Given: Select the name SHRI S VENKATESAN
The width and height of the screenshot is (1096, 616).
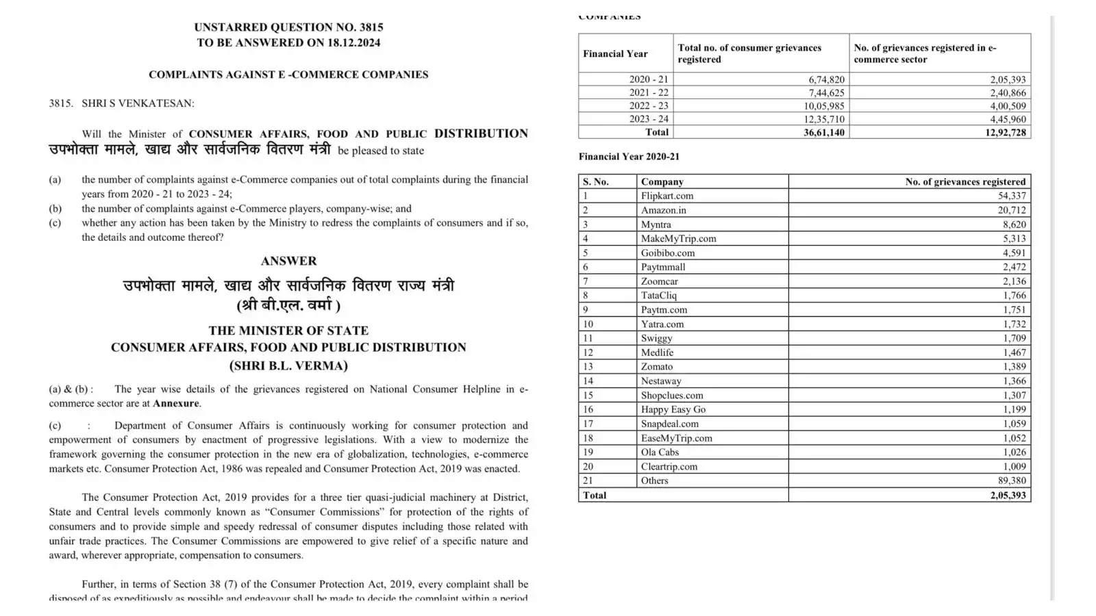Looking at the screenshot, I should [138, 103].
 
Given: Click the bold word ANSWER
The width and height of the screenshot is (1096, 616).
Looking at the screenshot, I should [288, 261].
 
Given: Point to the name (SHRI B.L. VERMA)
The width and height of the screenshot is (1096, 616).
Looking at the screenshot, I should [288, 365].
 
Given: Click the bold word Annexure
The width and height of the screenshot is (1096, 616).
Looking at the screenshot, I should [176, 403].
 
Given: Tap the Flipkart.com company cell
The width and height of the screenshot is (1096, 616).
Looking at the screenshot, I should [667, 196].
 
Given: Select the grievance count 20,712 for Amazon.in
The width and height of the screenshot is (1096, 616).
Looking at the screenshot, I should [1011, 210].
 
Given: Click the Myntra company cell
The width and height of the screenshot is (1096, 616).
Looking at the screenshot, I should [656, 224].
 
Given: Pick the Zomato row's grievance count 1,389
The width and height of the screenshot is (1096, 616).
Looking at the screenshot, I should [1014, 367].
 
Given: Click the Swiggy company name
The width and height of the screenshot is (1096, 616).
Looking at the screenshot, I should [656, 338].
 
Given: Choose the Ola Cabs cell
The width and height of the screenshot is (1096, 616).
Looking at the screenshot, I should [660, 452].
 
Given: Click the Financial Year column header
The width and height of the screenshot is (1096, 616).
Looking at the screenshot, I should [615, 53].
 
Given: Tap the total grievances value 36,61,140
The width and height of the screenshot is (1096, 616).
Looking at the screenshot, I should [823, 132].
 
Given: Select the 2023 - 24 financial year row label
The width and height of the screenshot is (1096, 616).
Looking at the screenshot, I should [649, 119].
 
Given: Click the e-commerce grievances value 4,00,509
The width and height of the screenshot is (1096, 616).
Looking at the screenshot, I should [1008, 106].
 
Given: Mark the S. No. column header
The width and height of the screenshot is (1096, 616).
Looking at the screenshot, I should [596, 181].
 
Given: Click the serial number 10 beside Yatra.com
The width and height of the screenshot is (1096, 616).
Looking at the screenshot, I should [588, 324].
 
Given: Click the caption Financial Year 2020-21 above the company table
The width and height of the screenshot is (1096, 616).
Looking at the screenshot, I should [629, 156].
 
